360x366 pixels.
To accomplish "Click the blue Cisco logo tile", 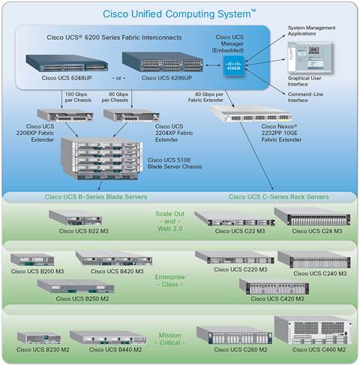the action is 233,66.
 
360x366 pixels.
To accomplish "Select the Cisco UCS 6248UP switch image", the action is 67,64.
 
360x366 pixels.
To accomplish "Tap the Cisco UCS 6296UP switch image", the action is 163,62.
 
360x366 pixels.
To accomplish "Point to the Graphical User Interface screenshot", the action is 310,58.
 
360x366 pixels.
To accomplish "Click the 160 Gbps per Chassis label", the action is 78,97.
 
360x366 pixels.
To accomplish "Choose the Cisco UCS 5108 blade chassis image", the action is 102,159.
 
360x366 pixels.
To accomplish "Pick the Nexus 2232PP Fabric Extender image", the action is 251,114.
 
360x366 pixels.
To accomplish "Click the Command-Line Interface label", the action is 305,97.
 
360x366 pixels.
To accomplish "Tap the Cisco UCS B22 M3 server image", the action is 75,218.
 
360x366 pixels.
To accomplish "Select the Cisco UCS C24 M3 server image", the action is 312,217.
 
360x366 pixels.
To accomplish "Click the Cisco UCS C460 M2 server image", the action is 313,331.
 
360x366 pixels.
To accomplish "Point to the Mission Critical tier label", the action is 169,339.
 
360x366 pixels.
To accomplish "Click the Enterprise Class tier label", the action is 169,280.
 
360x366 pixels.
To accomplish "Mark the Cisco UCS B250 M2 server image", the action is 76,286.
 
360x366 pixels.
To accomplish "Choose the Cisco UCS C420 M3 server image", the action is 274,286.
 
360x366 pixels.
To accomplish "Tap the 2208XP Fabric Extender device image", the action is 65,115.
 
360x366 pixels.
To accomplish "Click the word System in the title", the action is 234,13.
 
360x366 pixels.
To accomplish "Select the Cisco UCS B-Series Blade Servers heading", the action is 96,196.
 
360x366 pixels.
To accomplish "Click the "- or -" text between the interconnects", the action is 118,78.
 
